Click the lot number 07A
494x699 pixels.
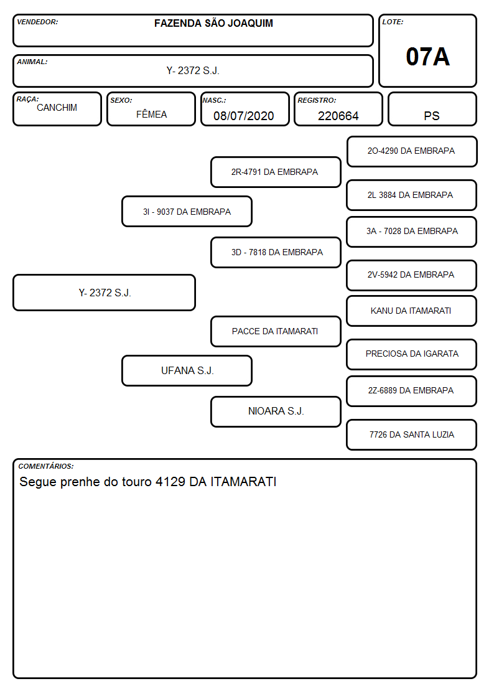pyautogui.click(x=427, y=57)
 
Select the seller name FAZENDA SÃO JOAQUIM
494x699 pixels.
pyautogui.click(x=213, y=23)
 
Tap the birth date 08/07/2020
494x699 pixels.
pyautogui.click(x=244, y=116)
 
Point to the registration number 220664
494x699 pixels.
pyautogui.click(x=338, y=116)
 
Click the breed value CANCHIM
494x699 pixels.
pyautogui.click(x=57, y=108)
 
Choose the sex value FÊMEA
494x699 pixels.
pyautogui.click(x=151, y=114)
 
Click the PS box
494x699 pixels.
pyautogui.click(x=432, y=109)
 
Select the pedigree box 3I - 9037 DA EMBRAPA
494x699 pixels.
pyautogui.click(x=187, y=211)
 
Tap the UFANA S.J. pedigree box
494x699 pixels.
pyautogui.click(x=187, y=370)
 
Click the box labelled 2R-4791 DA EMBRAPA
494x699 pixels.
pyautogui.click(x=276, y=172)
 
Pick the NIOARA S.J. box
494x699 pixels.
pyautogui.click(x=276, y=411)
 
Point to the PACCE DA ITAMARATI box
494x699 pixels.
pyautogui.click(x=276, y=331)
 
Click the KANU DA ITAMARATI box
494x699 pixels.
pyautogui.click(x=412, y=311)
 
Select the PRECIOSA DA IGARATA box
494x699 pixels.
pyautogui.click(x=412, y=354)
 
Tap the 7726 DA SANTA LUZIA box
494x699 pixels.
pyautogui.click(x=412, y=434)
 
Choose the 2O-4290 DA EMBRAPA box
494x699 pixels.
pyautogui.click(x=412, y=151)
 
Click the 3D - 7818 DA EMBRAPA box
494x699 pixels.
pyautogui.click(x=276, y=252)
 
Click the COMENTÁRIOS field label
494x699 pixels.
pyautogui.click(x=46, y=466)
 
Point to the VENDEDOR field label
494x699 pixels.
pyautogui.click(x=37, y=22)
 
